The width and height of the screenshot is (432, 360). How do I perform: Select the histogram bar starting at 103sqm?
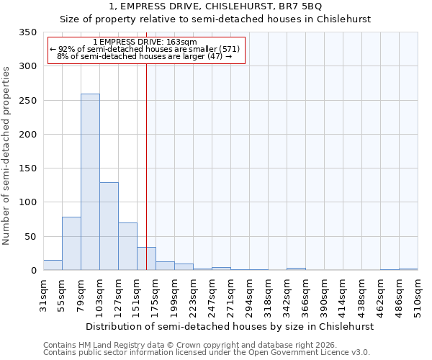tap(109, 226)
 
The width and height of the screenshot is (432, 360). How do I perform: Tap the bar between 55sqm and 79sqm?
tap(71, 243)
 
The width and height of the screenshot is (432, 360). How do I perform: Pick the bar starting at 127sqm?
tap(127, 246)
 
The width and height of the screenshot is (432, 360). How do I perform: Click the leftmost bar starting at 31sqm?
tap(53, 265)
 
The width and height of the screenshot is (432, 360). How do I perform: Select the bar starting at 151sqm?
tap(146, 258)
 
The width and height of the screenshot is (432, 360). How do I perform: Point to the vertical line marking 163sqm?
tap(146, 144)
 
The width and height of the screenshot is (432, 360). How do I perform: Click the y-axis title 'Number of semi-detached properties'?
tap(6, 156)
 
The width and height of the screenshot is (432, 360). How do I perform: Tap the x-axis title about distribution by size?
tap(230, 326)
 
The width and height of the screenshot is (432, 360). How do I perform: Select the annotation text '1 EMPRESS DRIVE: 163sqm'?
tap(145, 42)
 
